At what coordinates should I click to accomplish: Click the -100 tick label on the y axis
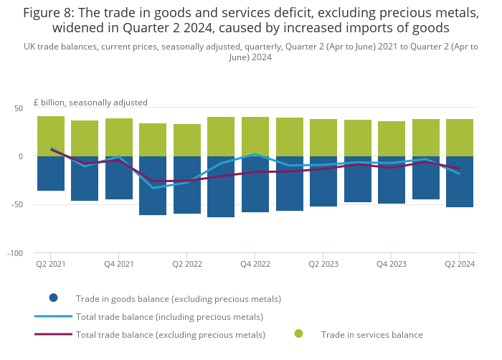click(15, 253)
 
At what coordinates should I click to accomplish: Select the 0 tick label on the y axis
click(21, 156)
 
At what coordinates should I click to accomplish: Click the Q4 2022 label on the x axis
click(255, 264)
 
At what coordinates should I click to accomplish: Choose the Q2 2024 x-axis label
click(459, 264)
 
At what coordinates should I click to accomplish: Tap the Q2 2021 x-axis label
click(51, 264)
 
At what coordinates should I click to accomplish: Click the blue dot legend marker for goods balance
click(53, 298)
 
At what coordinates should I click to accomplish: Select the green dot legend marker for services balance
click(298, 333)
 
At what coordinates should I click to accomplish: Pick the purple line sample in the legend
click(53, 333)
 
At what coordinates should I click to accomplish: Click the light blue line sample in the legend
click(53, 316)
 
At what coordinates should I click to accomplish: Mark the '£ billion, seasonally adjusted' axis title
click(90, 103)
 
